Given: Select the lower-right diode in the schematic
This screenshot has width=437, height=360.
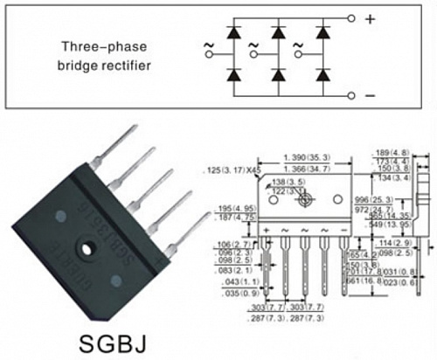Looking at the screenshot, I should [x=323, y=75].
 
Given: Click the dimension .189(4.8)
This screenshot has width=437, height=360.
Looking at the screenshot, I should [x=385, y=152].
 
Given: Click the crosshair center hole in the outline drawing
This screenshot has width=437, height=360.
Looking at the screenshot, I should [x=304, y=200].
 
